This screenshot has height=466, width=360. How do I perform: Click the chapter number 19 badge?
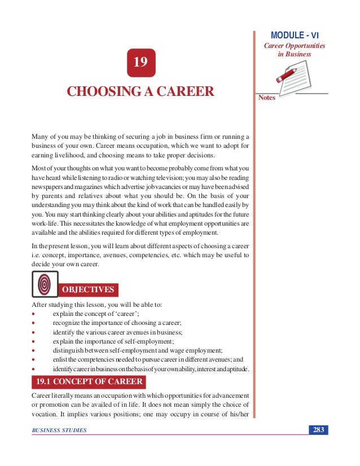click(141, 63)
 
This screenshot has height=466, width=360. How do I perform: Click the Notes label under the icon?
click(266, 98)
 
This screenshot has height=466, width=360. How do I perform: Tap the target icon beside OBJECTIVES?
click(44, 284)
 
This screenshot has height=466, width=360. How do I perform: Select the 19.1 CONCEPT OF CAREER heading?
click(87, 382)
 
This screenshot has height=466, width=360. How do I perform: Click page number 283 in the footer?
click(318, 430)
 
